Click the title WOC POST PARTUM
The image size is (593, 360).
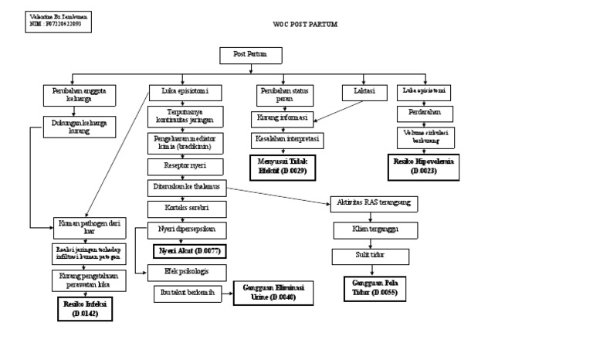tap(305, 24)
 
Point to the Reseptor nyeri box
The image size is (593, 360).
tap(185, 166)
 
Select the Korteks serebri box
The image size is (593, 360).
tap(185, 209)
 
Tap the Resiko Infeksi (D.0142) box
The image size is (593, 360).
tap(83, 309)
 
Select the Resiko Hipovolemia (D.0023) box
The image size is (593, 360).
tap(424, 165)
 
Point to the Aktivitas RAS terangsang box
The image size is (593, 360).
tap(374, 204)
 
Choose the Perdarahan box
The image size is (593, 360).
tap(424, 114)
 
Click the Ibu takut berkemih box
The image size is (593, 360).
tap(185, 291)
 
